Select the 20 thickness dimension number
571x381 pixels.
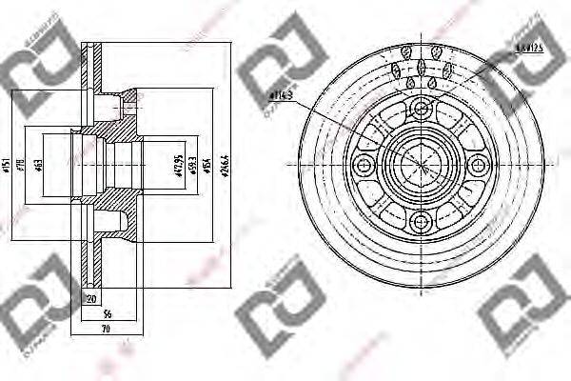click(x=91, y=299)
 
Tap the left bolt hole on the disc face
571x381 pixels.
click(x=362, y=166)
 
